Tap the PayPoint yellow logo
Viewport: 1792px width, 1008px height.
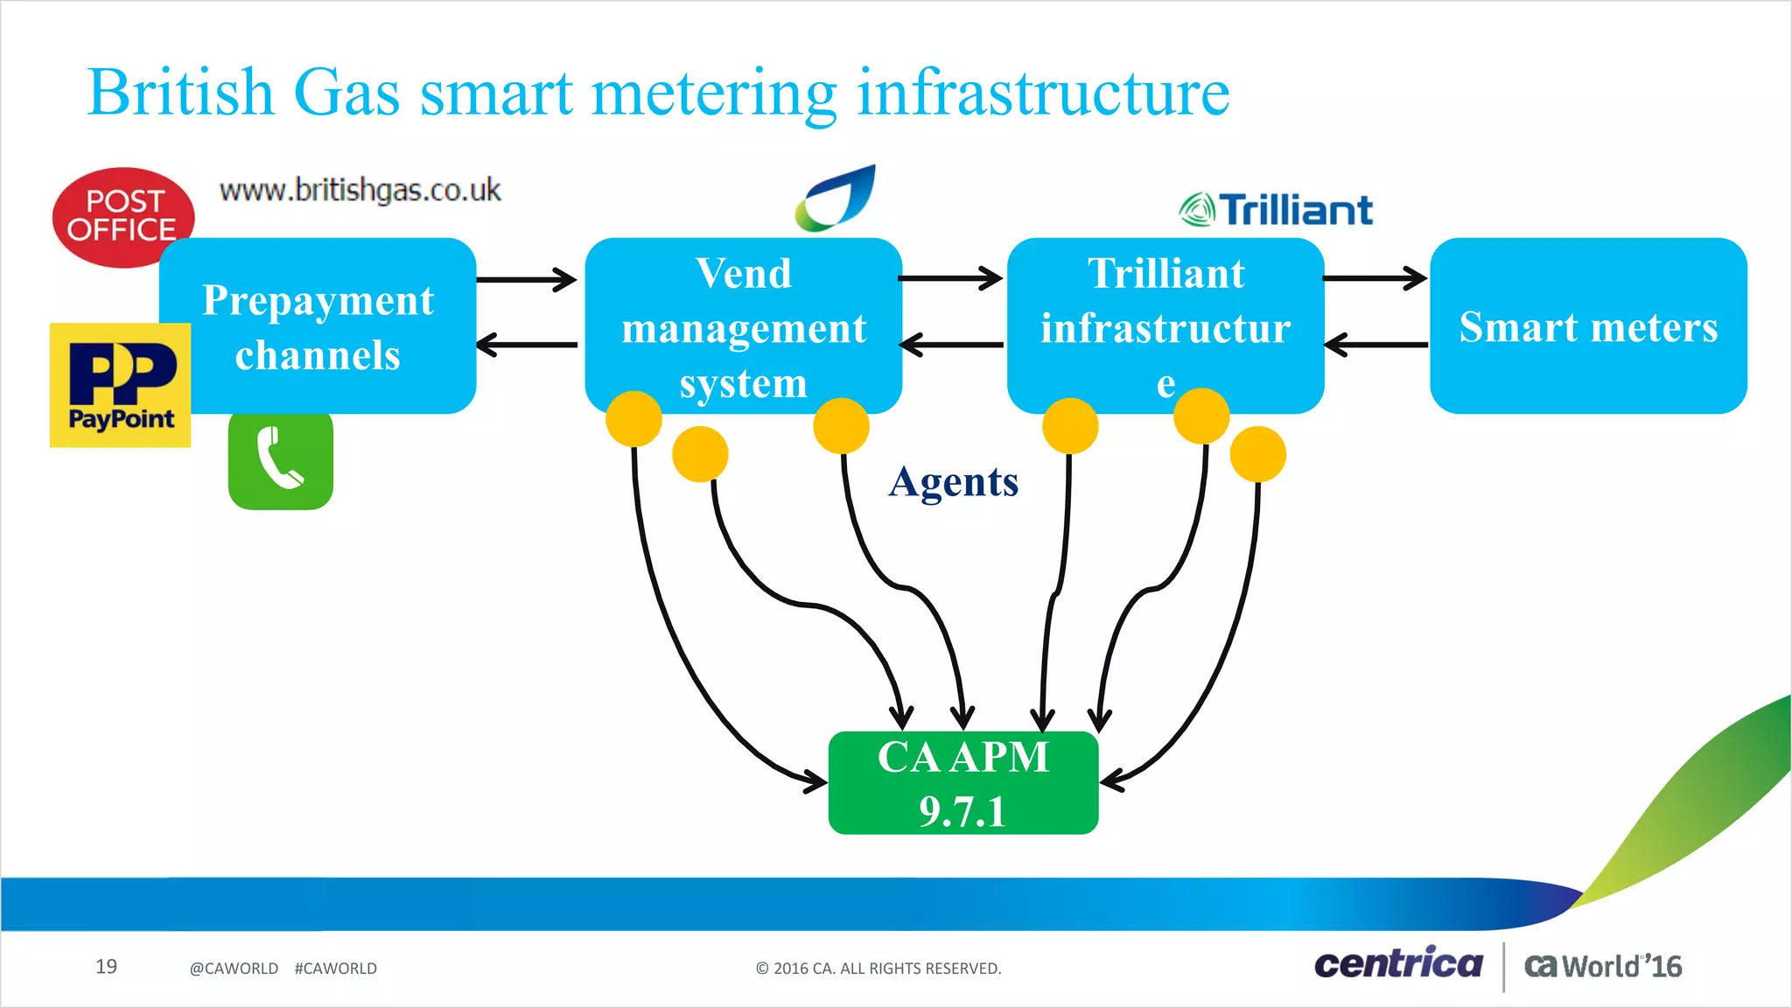[x=120, y=385]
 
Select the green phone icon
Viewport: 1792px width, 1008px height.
[x=280, y=459]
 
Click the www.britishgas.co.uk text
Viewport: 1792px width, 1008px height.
[x=360, y=190]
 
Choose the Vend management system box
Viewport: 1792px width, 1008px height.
[x=743, y=325]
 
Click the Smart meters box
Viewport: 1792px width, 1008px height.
[x=1587, y=325]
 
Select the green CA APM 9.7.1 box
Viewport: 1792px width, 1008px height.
[x=962, y=783]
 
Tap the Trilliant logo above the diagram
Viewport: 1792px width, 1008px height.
[x=1276, y=210]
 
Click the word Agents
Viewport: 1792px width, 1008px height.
[x=953, y=482]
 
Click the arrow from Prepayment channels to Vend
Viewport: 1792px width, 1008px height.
[x=526, y=280]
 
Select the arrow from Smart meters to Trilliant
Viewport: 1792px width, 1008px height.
[x=1375, y=345]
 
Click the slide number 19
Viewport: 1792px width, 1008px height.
[x=106, y=966]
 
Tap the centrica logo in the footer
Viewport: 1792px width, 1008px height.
[x=1398, y=964]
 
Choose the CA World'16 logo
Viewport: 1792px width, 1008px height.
[x=1602, y=966]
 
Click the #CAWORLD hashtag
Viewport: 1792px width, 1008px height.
[x=335, y=969]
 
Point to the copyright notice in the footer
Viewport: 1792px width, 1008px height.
[x=878, y=969]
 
